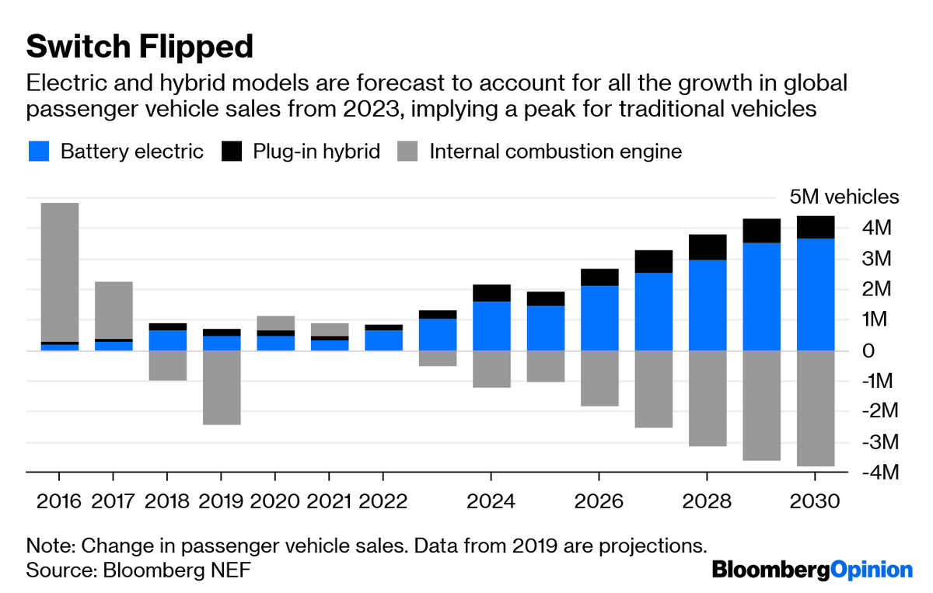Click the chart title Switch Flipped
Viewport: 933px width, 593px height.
pyautogui.click(x=140, y=47)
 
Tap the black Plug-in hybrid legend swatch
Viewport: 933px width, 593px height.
pyautogui.click(x=232, y=151)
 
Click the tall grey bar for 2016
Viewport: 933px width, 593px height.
pyautogui.click(x=60, y=272)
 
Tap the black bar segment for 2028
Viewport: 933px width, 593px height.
pyautogui.click(x=707, y=247)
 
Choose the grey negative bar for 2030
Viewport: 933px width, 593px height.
pyautogui.click(x=815, y=408)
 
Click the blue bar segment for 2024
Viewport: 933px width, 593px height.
pyautogui.click(x=491, y=326)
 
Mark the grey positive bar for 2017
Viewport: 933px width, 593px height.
pyautogui.click(x=114, y=309)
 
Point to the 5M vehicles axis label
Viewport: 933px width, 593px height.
pyautogui.click(x=839, y=197)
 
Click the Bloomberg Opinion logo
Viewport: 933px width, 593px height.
pyautogui.click(x=812, y=570)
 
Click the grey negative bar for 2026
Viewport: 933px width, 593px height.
pyautogui.click(x=599, y=378)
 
